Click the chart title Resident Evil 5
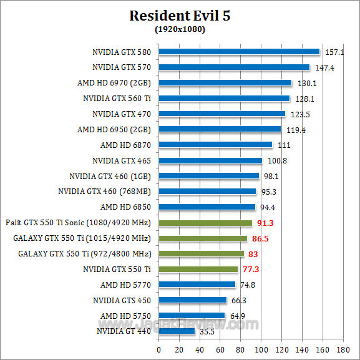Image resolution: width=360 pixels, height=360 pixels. [180, 16]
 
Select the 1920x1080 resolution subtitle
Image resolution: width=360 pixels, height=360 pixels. [180, 29]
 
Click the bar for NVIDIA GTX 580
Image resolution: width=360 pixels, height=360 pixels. [239, 52]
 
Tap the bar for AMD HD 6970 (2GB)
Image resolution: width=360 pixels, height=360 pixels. [225, 82]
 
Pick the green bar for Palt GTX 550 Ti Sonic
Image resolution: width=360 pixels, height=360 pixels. [205, 223]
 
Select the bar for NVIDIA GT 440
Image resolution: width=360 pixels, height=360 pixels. [177, 331]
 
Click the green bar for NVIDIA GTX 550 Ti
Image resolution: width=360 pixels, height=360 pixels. [198, 269]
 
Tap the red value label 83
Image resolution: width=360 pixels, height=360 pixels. [253, 254]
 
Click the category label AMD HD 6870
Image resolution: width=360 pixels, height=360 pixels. [127, 145]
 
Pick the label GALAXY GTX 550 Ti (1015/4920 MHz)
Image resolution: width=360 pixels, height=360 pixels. [82, 238]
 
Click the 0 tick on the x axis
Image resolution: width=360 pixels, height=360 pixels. [158, 349]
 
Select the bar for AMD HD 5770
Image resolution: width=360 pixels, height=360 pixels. [197, 285]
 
